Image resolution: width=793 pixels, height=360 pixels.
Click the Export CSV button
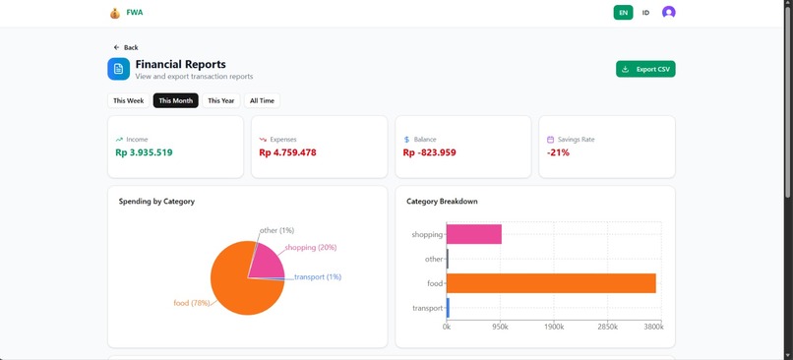(645, 69)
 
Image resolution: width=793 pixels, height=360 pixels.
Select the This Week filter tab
(128, 100)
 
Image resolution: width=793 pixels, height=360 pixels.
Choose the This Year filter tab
(221, 100)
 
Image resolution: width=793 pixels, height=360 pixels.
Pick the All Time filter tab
(262, 100)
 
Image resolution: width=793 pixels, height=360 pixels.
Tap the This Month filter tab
(175, 100)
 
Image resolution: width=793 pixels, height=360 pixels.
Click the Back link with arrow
(125, 47)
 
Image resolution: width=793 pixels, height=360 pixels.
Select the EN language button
(623, 13)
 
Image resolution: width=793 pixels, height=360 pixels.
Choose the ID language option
(645, 13)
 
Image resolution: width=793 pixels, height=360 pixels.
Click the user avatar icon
(669, 13)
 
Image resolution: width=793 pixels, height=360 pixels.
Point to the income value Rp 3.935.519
(144, 152)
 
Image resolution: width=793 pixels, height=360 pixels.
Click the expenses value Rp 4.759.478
(287, 152)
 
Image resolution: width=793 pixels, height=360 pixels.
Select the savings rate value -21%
(558, 152)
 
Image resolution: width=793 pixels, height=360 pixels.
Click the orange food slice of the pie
(236, 285)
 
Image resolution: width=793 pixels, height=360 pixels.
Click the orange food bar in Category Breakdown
(551, 283)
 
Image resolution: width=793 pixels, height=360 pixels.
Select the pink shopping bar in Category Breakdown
(474, 234)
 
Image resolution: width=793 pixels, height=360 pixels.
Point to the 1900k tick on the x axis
(554, 327)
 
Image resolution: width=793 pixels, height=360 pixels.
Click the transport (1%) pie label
(318, 277)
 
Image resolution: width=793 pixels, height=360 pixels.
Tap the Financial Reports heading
(180, 64)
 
